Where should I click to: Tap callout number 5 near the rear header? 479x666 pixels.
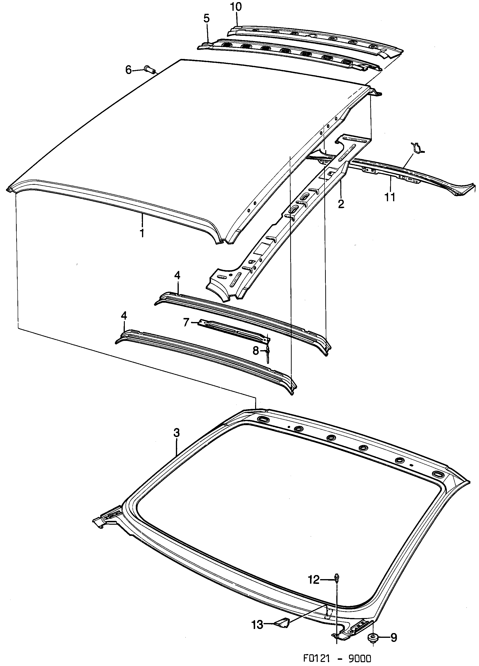206,19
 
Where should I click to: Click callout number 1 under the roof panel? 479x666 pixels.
142,233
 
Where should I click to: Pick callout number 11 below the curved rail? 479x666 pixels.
390,197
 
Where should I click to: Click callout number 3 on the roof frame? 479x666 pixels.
176,433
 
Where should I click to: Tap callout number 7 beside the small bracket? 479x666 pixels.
186,323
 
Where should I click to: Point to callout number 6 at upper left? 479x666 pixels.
128,70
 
